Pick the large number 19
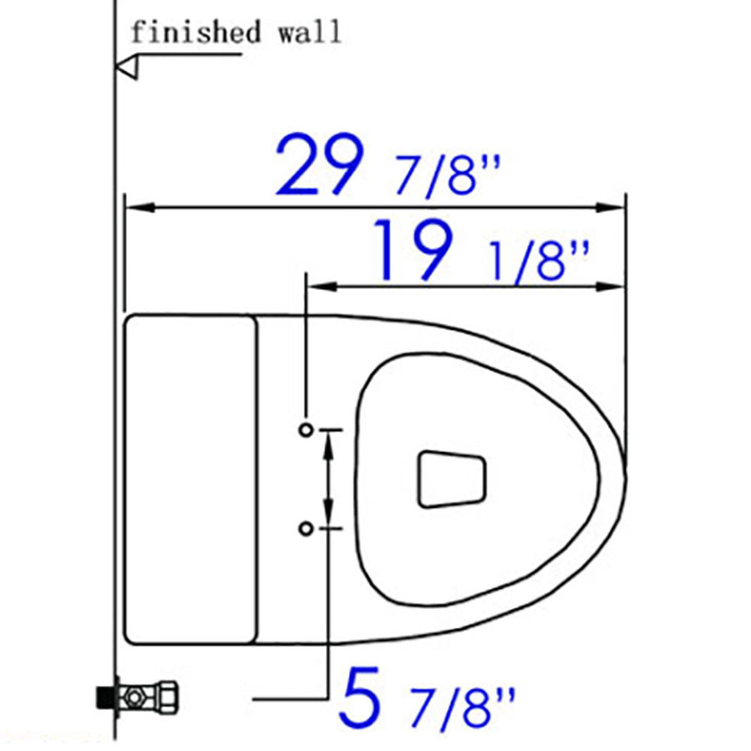point(415,250)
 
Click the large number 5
point(358,694)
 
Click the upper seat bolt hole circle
point(305,430)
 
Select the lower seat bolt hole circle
point(305,529)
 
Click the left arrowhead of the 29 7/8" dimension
point(137,207)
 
